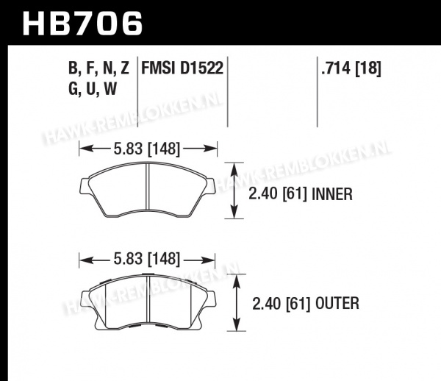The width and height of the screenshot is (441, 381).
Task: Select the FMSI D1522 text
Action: click(x=182, y=68)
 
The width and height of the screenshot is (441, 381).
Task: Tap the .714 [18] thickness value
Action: click(x=351, y=68)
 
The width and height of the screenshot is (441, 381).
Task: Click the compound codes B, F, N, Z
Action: click(x=98, y=68)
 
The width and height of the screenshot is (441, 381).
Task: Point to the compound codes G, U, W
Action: click(x=93, y=89)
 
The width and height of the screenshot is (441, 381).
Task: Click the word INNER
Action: click(x=332, y=194)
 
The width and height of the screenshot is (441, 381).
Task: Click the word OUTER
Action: click(x=337, y=304)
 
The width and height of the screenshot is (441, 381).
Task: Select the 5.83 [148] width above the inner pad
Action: click(x=146, y=149)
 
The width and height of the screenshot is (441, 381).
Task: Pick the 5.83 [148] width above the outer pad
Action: click(x=146, y=259)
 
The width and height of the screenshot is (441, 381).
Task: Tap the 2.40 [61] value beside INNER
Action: click(x=278, y=194)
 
